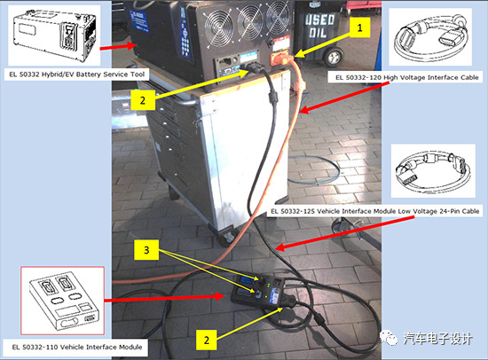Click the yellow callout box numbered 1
pyautogui.click(x=359, y=27)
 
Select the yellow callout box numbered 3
pyautogui.click(x=146, y=250)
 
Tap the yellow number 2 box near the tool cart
pyautogui.click(x=143, y=100)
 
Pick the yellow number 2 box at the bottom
pyautogui.click(x=207, y=340)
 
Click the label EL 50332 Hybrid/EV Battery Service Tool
pyautogui.click(x=76, y=74)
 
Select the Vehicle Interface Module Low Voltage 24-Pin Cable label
pyautogui.click(x=374, y=211)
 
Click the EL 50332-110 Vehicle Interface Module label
pyautogui.click(x=77, y=347)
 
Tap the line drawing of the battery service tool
pyautogui.click(x=54, y=35)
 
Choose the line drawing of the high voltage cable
pyautogui.click(x=430, y=36)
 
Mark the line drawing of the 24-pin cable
pyautogui.click(x=433, y=170)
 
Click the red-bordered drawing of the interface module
pyautogui.click(x=62, y=301)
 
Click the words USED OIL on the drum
pyautogui.click(x=319, y=26)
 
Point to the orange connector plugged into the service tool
pyautogui.click(x=282, y=59)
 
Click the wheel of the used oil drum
pyautogui.click(x=334, y=58)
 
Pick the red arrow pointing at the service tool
pyautogui.click(x=118, y=47)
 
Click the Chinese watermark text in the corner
pyautogui.click(x=438, y=338)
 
